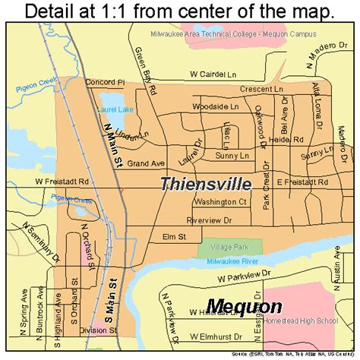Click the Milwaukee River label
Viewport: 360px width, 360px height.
227,261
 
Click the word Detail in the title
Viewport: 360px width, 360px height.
55,11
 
